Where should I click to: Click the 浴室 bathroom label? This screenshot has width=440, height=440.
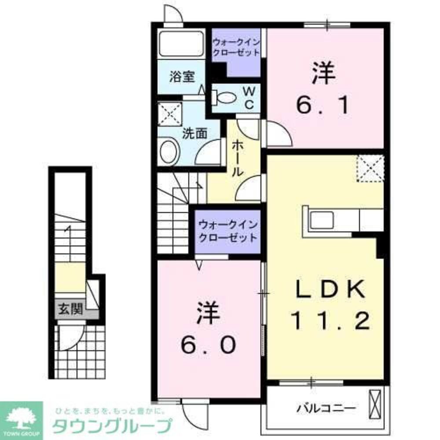pos(182,77)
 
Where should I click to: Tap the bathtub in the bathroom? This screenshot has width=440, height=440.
pos(181,44)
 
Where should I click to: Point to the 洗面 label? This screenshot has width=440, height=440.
pos(195,133)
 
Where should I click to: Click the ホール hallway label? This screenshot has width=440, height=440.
pos(237,158)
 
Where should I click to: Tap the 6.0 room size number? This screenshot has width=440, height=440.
pos(207,330)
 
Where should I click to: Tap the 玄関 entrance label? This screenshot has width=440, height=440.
pos(70,309)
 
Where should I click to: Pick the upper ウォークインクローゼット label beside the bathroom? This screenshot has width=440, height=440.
pos(236,47)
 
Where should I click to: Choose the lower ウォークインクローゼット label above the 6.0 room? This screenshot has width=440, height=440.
pos(227,231)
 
